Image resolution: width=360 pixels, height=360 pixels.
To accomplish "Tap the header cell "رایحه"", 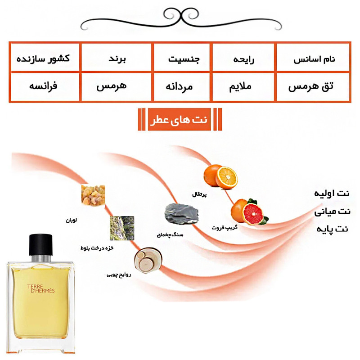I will coord(243,59).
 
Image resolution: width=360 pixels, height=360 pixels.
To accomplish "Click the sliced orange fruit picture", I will coord(220,176).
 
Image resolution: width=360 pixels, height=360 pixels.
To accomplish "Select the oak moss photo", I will coord(121,227).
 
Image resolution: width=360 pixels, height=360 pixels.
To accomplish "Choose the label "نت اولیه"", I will coord(331,193).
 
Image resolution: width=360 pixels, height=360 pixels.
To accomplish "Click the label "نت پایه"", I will coord(332,229).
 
